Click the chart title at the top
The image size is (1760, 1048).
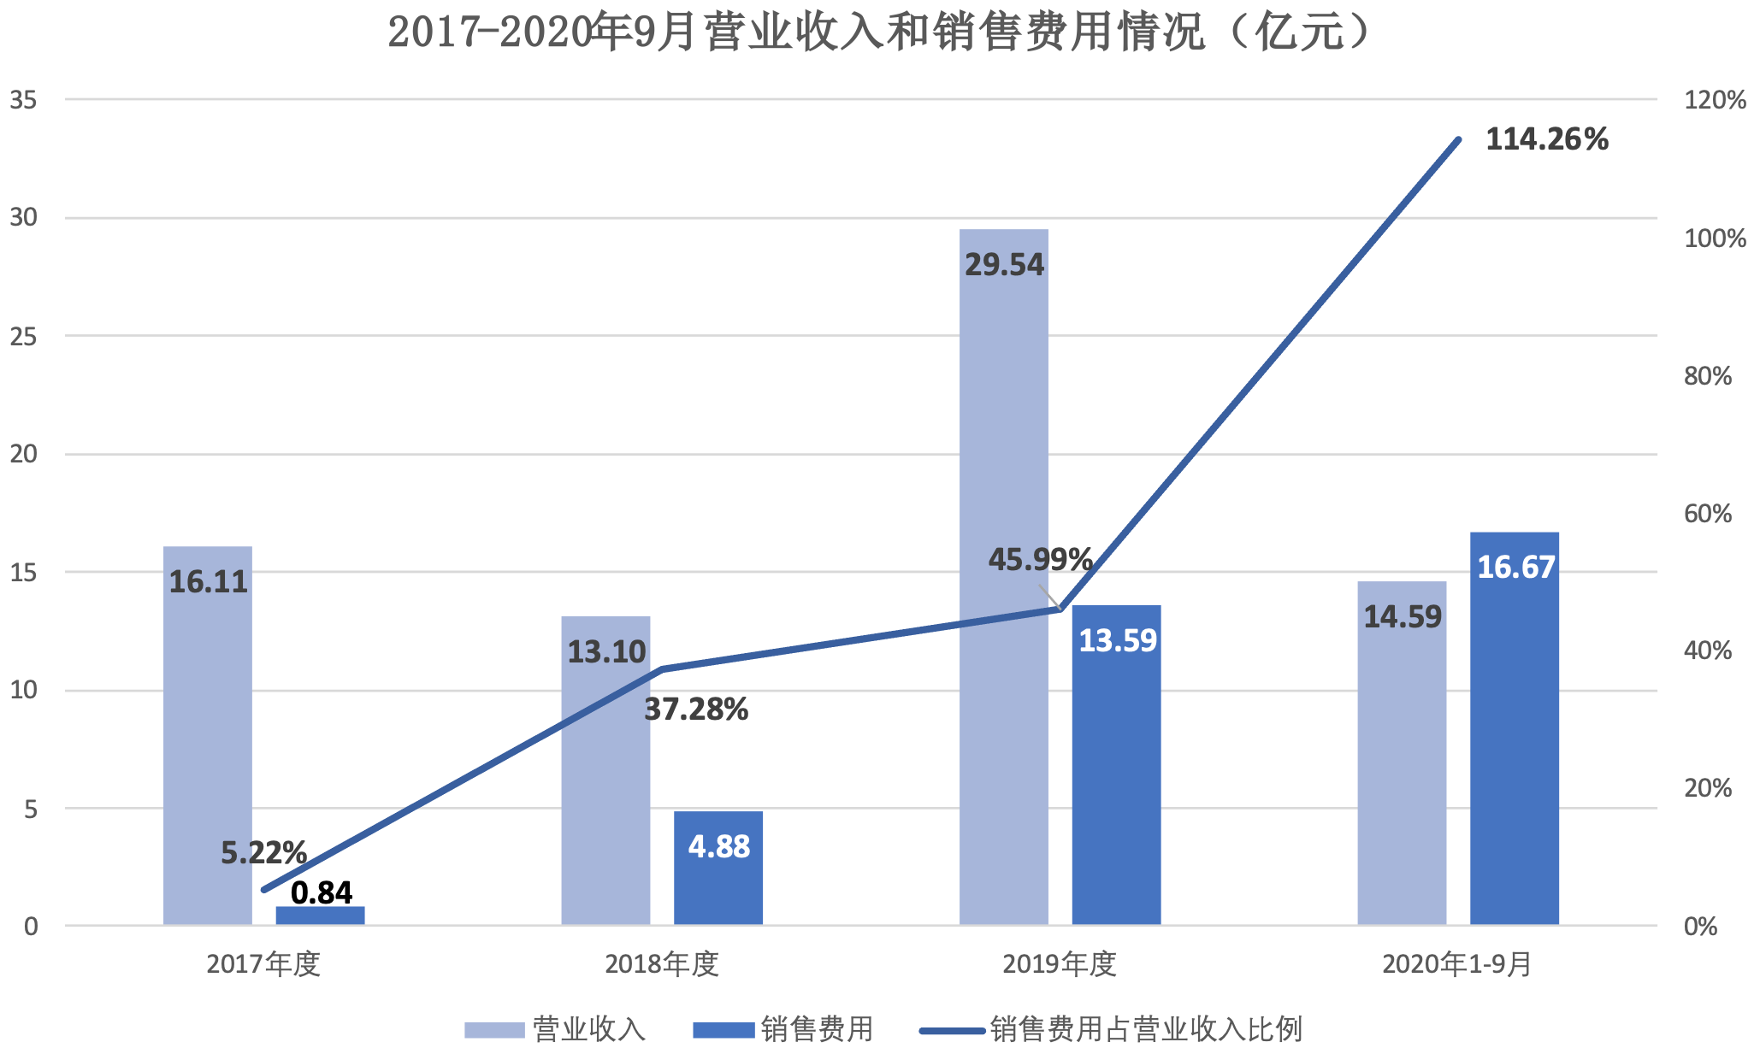click(x=881, y=32)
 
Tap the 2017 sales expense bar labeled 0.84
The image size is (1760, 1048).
click(x=320, y=916)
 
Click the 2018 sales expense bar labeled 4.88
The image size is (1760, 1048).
click(x=718, y=868)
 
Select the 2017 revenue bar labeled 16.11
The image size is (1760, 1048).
click(x=208, y=735)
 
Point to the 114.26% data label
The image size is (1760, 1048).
click(x=1546, y=139)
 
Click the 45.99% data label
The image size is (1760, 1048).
click(x=1040, y=560)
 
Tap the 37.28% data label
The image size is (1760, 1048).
click(x=696, y=709)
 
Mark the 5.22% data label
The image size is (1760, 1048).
click(x=263, y=852)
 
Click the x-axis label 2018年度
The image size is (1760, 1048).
click(x=661, y=964)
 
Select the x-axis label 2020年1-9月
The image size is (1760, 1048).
click(x=1456, y=964)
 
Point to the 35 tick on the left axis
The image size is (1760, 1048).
click(x=24, y=100)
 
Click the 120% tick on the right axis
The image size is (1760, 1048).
click(x=1714, y=100)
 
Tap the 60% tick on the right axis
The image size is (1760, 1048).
click(x=1707, y=514)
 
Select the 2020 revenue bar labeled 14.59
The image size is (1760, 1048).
click(x=1402, y=752)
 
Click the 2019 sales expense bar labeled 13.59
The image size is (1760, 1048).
click(x=1116, y=765)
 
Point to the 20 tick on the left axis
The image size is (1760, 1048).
click(x=24, y=454)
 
